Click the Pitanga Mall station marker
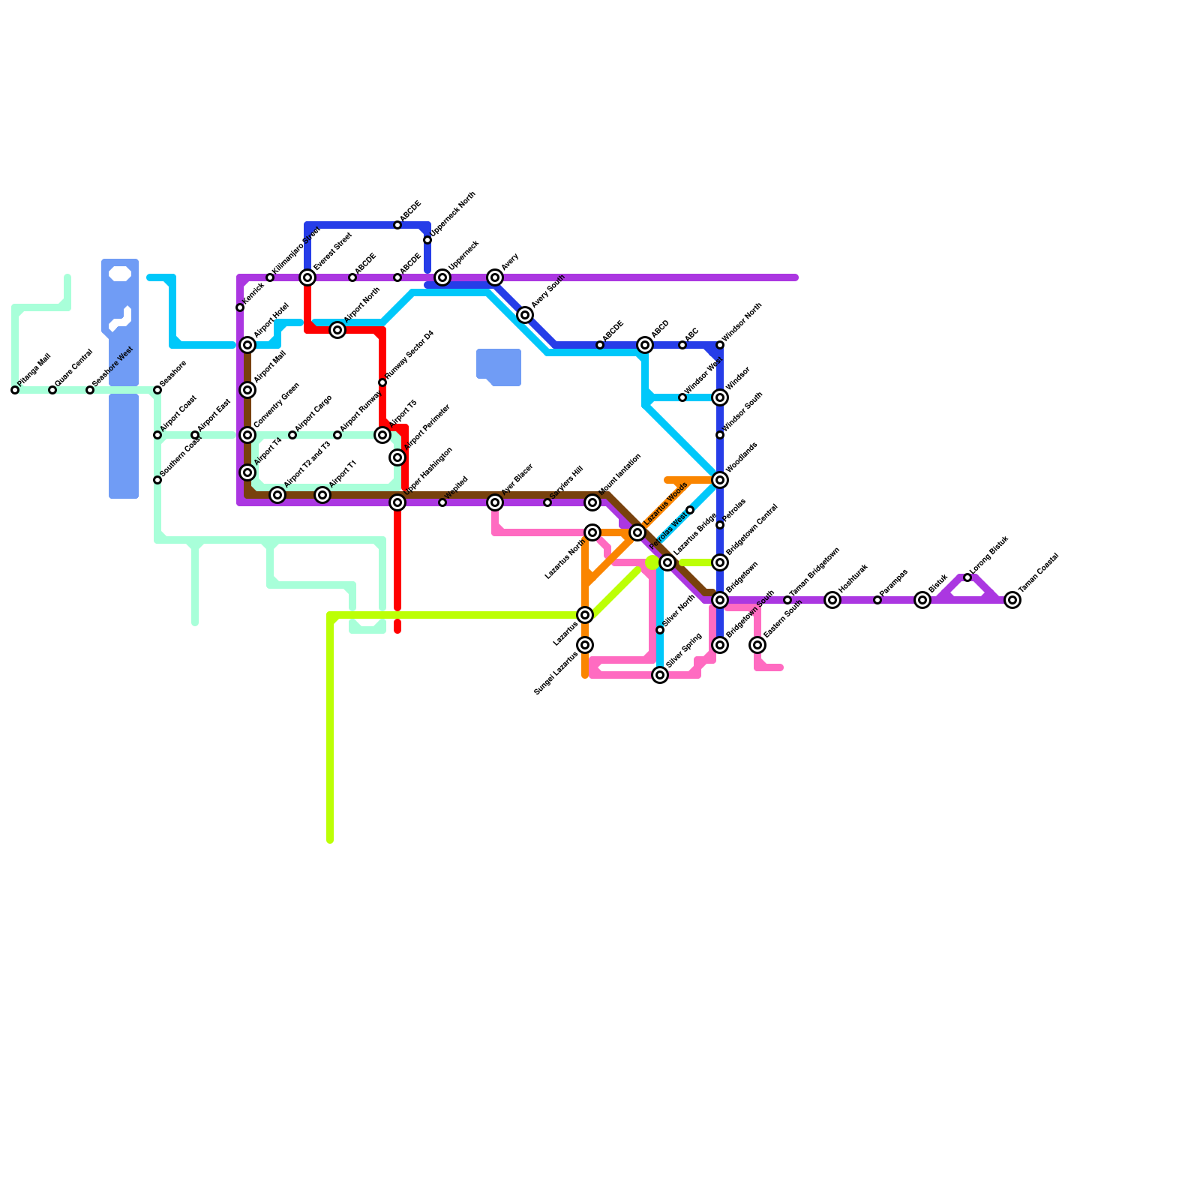[15, 390]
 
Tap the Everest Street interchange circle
[307, 277]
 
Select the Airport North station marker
[337, 330]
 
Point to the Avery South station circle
[525, 315]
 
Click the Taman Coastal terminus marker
[1012, 600]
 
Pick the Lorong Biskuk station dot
[967, 577]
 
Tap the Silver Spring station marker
[660, 675]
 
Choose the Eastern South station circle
[757, 645]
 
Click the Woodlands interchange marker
[720, 480]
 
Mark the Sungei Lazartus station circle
[585, 645]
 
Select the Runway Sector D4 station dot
[382, 382]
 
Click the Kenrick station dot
[240, 307]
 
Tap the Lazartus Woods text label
[666, 503]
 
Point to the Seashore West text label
[112, 367]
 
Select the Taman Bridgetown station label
[815, 574]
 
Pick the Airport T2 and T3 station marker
[277, 495]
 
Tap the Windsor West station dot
[682, 397]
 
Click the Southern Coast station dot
[157, 480]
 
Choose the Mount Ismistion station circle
[592, 502]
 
